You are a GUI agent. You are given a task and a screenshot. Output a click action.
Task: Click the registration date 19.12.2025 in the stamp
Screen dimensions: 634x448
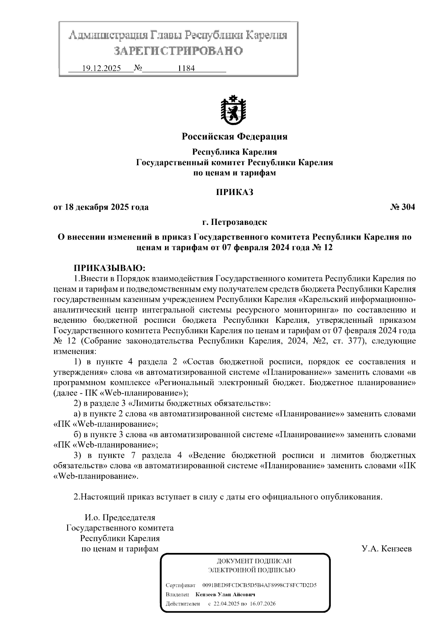[101, 69]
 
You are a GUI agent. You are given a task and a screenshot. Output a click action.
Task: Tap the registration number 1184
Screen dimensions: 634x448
[187, 69]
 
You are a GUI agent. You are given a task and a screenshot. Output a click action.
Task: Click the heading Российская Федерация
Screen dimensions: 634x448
[234, 136]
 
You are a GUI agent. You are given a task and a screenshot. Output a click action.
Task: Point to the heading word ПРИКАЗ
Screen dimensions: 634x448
[234, 192]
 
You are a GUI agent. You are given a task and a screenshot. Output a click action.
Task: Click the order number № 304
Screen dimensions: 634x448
[402, 207]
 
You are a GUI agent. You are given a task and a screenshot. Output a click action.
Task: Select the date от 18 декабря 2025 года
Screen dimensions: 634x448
[101, 207]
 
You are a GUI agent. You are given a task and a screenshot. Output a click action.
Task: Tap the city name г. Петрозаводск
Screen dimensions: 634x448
[234, 223]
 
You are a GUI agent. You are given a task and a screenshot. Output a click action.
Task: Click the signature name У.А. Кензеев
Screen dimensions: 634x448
[386, 549]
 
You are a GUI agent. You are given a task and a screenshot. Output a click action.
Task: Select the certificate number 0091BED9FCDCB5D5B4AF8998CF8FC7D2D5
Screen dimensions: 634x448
[259, 585]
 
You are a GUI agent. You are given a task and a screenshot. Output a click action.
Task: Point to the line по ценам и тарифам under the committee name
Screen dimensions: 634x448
[234, 173]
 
